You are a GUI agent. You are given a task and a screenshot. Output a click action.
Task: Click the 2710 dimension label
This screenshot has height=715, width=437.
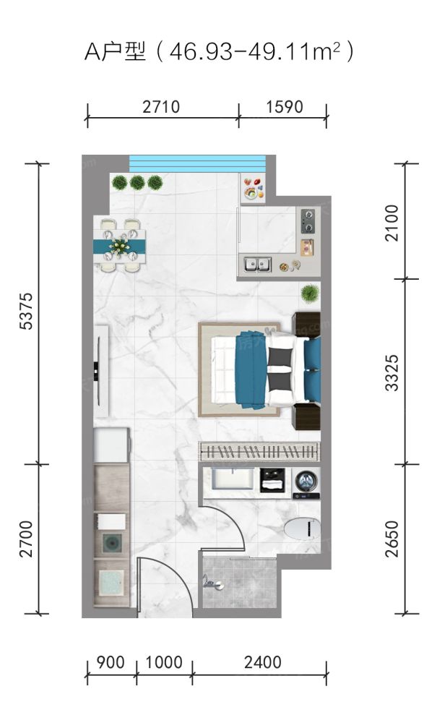coord(161,107)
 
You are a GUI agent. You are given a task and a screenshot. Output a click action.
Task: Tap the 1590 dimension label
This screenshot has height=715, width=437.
coord(285,107)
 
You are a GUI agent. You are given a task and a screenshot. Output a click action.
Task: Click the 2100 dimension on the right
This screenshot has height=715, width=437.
coord(392,223)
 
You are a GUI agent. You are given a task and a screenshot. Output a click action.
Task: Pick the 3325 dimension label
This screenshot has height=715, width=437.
coord(392,373)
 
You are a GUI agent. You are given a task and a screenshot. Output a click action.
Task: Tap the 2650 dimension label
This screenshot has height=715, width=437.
coord(392,539)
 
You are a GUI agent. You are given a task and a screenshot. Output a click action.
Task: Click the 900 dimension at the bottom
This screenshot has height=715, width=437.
coord(111,662)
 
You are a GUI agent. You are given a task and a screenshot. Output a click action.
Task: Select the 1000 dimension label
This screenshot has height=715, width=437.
coord(164,662)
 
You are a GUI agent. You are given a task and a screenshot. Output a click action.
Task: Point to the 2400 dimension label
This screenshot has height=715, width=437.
coord(262,662)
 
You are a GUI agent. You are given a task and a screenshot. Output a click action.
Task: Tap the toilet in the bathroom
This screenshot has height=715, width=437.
coord(302,529)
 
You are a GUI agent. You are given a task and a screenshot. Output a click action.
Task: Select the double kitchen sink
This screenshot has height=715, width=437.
coord(257,264)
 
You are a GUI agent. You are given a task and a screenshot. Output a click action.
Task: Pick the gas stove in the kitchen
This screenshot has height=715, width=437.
coord(308,221)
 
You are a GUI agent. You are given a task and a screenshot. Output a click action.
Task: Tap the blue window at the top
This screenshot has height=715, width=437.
coord(197,163)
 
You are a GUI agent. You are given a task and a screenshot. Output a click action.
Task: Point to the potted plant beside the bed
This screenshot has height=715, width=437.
coord(310,293)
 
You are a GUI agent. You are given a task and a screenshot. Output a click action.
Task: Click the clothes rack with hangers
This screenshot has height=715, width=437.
coord(259,452)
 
